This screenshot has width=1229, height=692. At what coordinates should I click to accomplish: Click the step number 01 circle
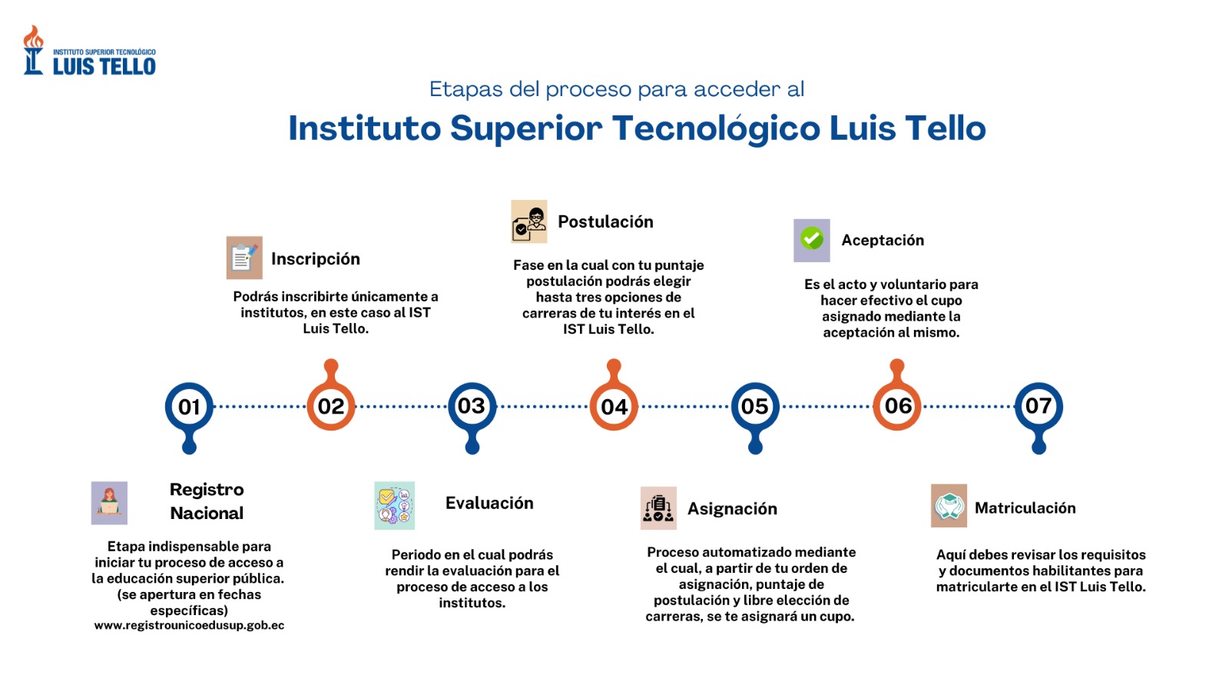[189, 407]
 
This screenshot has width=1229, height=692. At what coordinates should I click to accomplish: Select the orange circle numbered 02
[331, 407]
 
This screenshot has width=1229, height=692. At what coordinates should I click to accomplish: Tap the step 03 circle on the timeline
[472, 407]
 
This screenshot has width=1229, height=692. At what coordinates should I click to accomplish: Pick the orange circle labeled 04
[614, 407]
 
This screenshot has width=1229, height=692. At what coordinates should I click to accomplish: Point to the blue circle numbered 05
[756, 407]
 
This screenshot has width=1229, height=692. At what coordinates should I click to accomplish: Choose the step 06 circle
[897, 407]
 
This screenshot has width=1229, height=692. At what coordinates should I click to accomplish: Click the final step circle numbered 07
[1039, 407]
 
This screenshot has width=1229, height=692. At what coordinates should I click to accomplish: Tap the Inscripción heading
[316, 259]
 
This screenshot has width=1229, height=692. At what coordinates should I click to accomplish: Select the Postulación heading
[606, 222]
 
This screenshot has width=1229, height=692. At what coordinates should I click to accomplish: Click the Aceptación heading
[883, 241]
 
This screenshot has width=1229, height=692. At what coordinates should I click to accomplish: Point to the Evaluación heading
[489, 503]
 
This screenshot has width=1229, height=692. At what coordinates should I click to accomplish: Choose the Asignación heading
[733, 509]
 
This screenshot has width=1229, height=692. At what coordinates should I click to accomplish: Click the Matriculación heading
[1025, 508]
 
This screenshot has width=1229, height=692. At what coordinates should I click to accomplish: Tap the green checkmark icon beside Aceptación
[812, 239]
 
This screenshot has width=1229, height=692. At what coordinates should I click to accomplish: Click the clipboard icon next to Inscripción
[244, 258]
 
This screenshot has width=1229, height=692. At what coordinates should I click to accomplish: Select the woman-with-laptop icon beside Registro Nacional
[109, 503]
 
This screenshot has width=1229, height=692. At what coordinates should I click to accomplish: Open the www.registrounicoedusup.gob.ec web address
[189, 626]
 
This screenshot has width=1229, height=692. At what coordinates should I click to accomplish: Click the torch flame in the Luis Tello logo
[34, 37]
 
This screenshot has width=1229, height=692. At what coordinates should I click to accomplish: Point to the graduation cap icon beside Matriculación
[949, 506]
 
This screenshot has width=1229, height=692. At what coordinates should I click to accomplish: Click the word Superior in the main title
[526, 128]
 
